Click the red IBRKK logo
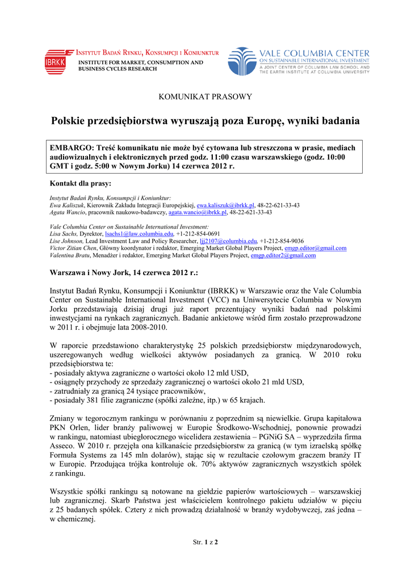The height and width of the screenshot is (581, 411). pos(55,61)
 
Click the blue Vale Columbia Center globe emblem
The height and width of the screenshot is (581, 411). pos(242,61)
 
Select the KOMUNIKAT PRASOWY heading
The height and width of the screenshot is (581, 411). pos(205,97)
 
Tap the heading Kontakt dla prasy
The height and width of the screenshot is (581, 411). pos(81,183)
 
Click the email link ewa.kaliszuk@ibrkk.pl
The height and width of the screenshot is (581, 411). pos(225,205)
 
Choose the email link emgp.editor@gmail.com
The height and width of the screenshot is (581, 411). pos(315,248)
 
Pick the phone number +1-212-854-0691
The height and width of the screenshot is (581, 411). pos(198,234)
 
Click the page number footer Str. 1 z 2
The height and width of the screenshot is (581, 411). pos(205,542)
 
